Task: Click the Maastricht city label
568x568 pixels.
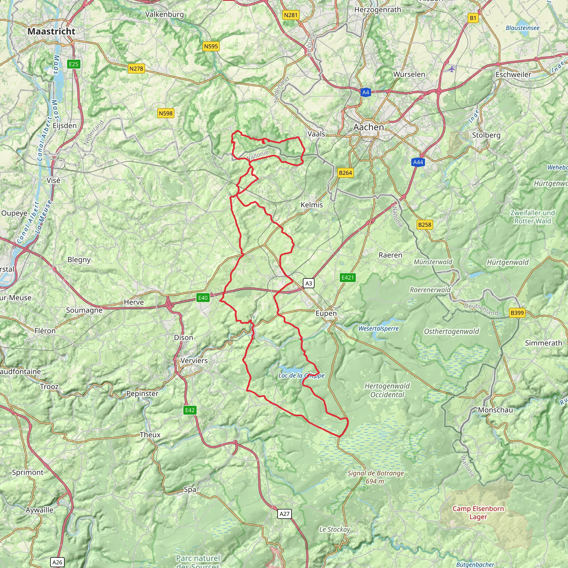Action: pos(52,31)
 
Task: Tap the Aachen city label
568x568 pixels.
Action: pos(368,127)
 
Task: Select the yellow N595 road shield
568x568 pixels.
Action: pos(211,46)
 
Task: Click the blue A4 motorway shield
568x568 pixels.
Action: pos(365,92)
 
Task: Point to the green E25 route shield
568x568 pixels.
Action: pos(73,64)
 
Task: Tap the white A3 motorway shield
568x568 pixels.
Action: pos(308,283)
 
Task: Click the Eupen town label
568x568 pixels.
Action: pos(326,313)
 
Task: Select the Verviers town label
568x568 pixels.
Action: pos(194,361)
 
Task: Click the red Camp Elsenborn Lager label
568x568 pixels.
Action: pos(478,513)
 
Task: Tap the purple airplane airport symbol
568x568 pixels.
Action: pos(452,69)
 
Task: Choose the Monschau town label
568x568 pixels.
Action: pos(495,410)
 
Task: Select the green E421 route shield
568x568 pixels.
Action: pos(348,278)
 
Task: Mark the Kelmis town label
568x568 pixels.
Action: pos(311,205)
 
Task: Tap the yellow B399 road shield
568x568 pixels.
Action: pos(517,313)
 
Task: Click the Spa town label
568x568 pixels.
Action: pos(190,490)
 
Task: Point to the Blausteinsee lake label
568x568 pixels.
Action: pos(523,28)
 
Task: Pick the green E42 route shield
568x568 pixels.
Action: pos(190,410)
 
